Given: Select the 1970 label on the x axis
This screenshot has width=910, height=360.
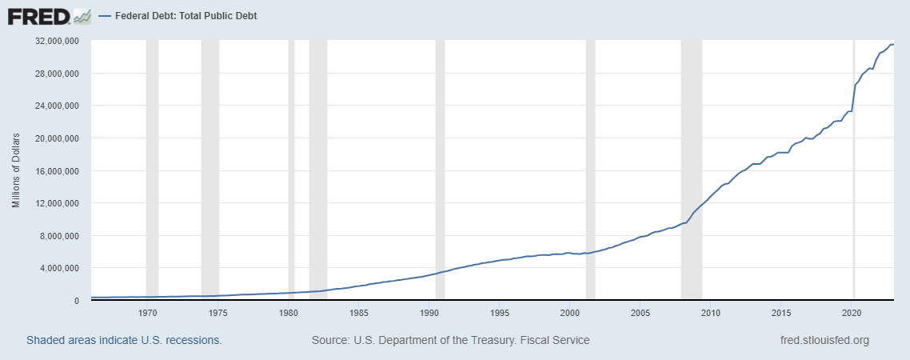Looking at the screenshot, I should click(x=148, y=312).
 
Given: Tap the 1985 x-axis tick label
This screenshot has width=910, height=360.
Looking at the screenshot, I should click(x=359, y=312).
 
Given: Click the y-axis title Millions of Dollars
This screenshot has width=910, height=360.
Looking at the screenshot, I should click(x=16, y=170).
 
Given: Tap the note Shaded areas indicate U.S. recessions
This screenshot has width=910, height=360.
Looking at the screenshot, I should click(x=124, y=340).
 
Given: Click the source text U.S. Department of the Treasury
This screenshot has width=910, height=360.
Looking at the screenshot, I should click(x=451, y=340).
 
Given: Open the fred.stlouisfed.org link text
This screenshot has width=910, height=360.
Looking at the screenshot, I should click(x=824, y=340).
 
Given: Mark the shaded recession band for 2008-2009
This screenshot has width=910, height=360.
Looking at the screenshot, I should click(x=691, y=160).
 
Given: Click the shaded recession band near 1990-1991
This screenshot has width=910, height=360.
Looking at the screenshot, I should click(x=440, y=160).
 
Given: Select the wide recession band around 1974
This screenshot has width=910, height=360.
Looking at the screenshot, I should click(x=210, y=160).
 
